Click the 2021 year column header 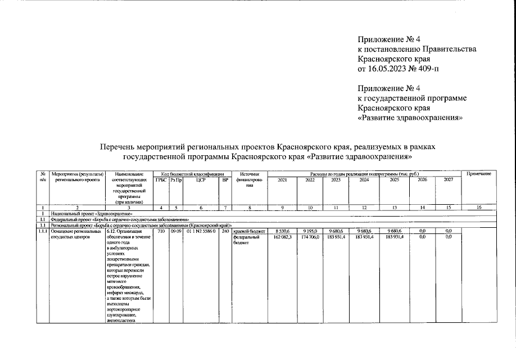[x=282, y=180]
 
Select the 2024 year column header [x=364, y=180]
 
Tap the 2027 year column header [x=448, y=180]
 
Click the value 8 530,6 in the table [x=283, y=231]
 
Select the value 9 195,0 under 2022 [x=310, y=231]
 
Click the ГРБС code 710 [x=160, y=231]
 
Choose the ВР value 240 [x=225, y=231]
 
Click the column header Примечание [x=479, y=174]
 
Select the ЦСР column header [x=200, y=180]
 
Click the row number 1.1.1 [x=42, y=231]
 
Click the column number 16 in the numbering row [x=479, y=209]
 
